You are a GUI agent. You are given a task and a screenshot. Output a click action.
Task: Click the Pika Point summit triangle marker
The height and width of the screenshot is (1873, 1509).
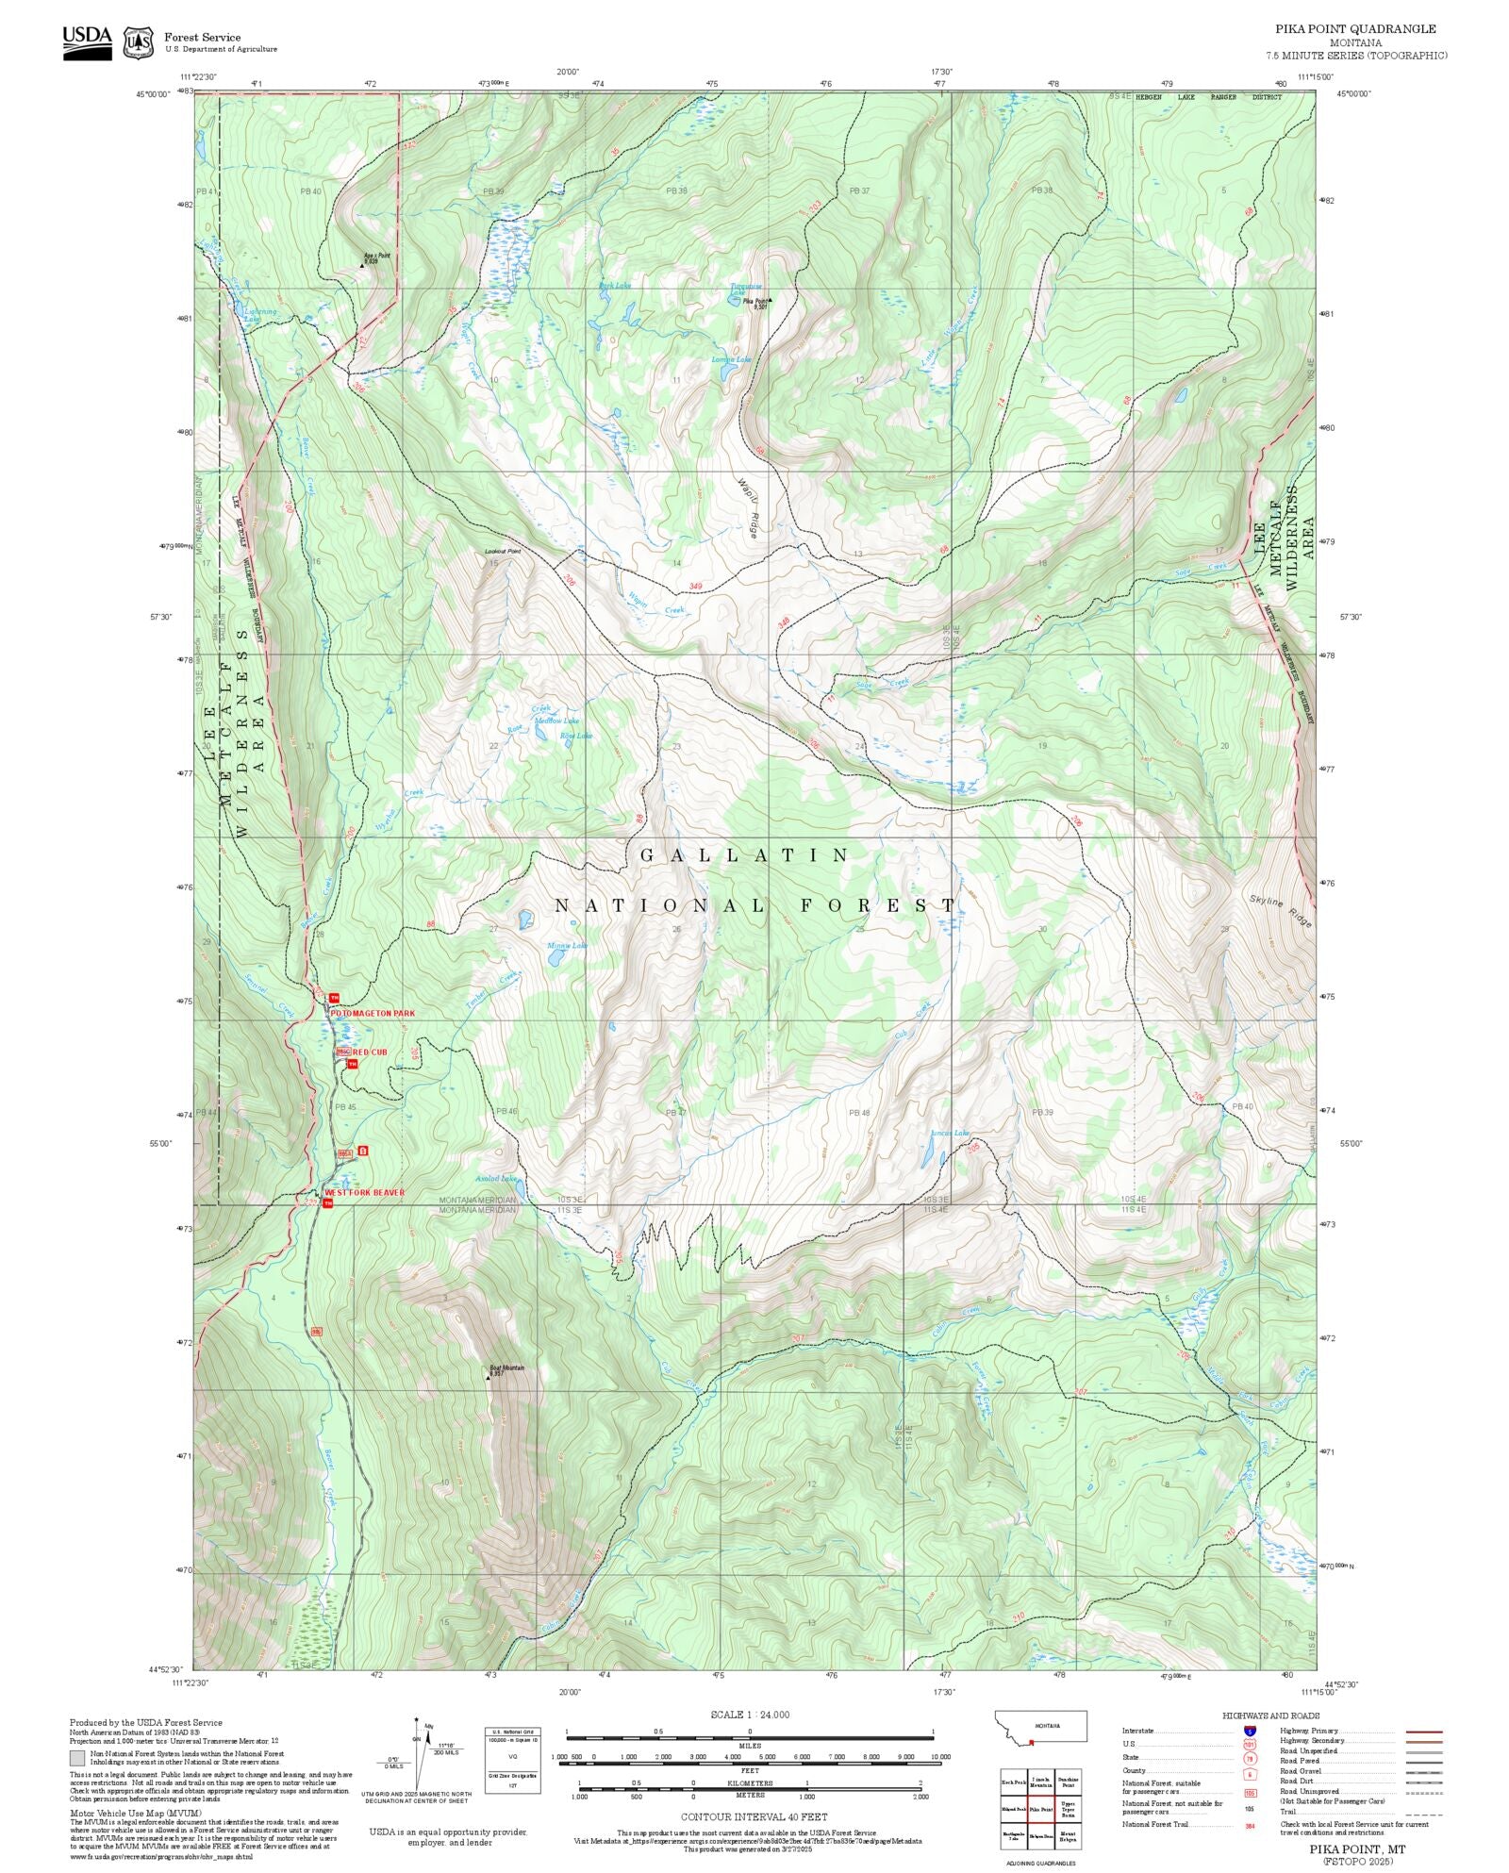(x=770, y=300)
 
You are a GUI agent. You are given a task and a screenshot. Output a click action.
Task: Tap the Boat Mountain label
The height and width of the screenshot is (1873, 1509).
(x=506, y=1367)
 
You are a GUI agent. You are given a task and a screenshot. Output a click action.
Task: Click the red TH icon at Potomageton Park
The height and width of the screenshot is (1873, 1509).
(x=333, y=998)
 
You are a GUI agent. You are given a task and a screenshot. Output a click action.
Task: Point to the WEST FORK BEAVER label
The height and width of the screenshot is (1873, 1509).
(x=364, y=1192)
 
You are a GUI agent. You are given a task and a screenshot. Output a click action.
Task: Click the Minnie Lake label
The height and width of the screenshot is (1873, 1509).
(x=568, y=945)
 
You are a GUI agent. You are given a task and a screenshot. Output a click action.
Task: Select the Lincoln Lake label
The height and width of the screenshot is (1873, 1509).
(x=949, y=1133)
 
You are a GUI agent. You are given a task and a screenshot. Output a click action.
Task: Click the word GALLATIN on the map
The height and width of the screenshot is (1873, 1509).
(x=745, y=855)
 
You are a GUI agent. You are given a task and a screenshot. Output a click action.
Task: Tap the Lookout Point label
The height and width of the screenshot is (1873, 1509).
(x=502, y=551)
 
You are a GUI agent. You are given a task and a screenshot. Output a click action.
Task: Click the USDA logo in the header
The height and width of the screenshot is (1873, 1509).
(x=87, y=42)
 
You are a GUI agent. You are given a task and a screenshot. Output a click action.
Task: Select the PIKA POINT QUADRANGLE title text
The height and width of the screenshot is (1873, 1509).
(x=1355, y=29)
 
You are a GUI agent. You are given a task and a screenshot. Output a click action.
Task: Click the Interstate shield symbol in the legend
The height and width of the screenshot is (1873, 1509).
(x=1251, y=1731)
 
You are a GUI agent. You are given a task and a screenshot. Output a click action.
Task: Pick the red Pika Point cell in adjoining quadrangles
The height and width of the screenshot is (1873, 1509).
(x=1040, y=1810)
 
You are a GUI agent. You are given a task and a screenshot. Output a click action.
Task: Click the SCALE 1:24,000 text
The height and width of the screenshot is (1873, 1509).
(x=750, y=1715)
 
